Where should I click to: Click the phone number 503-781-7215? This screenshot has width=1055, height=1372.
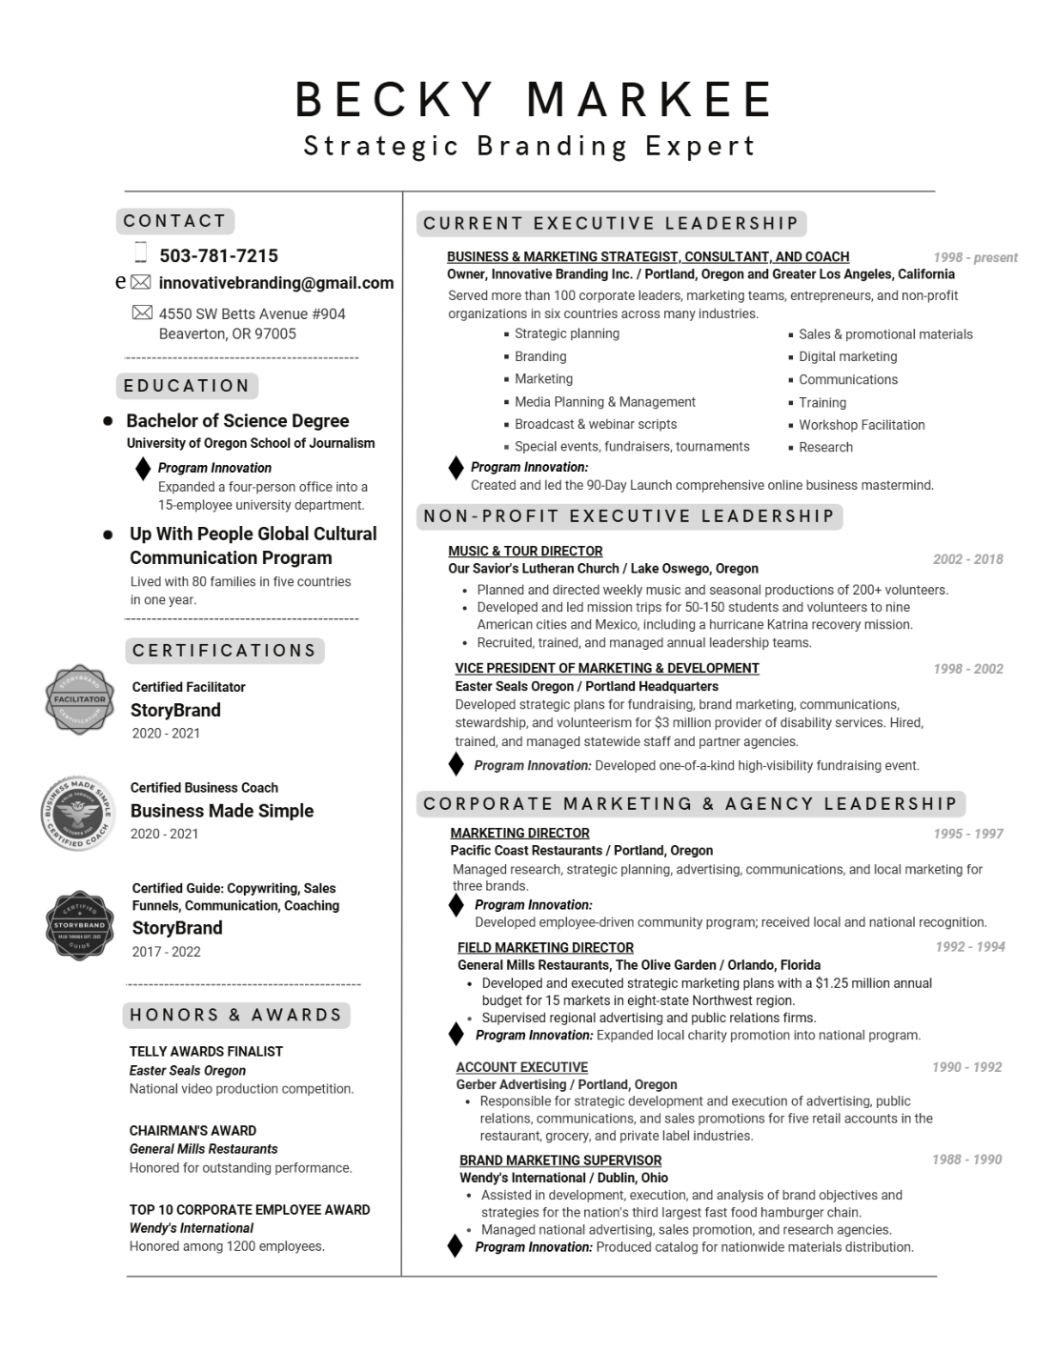218,255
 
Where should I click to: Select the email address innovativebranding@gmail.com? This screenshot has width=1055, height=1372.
275,283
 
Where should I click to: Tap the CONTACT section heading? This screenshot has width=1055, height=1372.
175,221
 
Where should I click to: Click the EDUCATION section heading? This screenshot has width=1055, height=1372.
187,386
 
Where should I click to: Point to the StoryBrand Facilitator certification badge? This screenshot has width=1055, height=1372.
80,699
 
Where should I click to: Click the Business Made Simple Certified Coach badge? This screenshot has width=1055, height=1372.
79,812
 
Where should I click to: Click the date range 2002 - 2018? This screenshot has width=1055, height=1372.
967,559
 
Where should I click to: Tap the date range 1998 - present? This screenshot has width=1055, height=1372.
975,257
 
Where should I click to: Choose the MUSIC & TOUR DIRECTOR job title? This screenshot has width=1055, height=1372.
525,551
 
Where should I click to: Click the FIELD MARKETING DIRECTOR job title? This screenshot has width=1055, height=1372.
545,947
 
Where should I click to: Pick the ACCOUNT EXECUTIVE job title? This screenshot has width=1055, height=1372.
521,1067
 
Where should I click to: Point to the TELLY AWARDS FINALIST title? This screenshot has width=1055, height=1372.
206,1052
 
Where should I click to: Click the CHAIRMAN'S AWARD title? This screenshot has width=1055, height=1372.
193,1131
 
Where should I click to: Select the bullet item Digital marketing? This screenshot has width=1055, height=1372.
847,356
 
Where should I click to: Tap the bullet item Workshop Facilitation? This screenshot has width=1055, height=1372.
862,425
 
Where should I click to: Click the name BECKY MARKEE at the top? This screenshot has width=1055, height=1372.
534,99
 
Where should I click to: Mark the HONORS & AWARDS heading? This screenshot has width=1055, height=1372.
236,1015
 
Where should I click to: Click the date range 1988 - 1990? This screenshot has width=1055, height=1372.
966,1160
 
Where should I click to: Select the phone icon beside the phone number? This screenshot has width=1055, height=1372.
141,252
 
